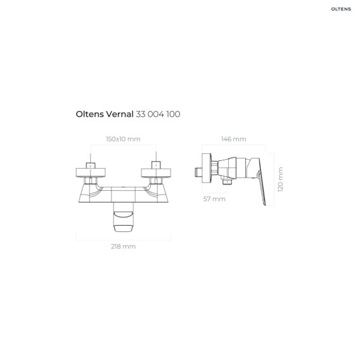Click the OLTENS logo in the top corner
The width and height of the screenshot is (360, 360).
pos(341,9)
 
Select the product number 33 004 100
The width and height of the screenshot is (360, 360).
pos(158,114)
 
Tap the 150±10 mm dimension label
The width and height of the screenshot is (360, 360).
pos(123,139)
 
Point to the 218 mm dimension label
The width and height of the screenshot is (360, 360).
pos(124,247)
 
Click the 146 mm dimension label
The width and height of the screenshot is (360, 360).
pos(233,139)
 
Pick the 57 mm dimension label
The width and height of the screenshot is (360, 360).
pos(214,199)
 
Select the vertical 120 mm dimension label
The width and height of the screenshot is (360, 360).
pos(280,179)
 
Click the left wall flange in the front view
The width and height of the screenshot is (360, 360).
pos(91,173)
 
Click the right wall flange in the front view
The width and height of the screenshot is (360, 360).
pos(156,173)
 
